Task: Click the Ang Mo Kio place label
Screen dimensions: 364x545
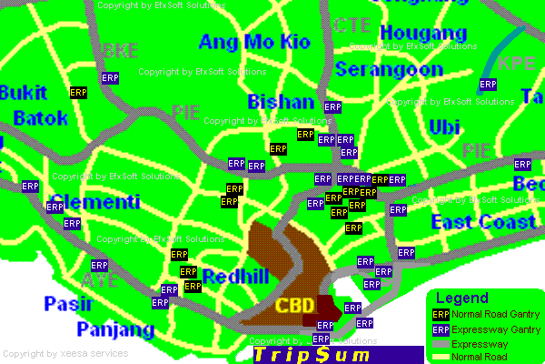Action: tap(254, 42)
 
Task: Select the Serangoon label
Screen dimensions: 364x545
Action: tap(389, 69)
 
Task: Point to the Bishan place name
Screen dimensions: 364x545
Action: tap(281, 102)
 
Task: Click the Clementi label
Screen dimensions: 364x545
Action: tap(95, 201)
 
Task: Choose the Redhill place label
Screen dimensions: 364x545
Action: tap(235, 277)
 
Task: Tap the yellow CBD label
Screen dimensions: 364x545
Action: tap(295, 305)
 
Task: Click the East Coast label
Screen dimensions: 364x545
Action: tap(484, 223)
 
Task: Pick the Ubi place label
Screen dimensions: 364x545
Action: tap(444, 126)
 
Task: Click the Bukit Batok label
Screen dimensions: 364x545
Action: tap(34, 106)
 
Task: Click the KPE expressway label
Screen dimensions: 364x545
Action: tap(517, 64)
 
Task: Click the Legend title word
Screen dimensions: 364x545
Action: tap(462, 298)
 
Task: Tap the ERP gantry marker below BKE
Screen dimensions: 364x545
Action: tap(111, 79)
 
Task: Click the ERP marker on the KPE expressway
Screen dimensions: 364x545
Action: tap(488, 85)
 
